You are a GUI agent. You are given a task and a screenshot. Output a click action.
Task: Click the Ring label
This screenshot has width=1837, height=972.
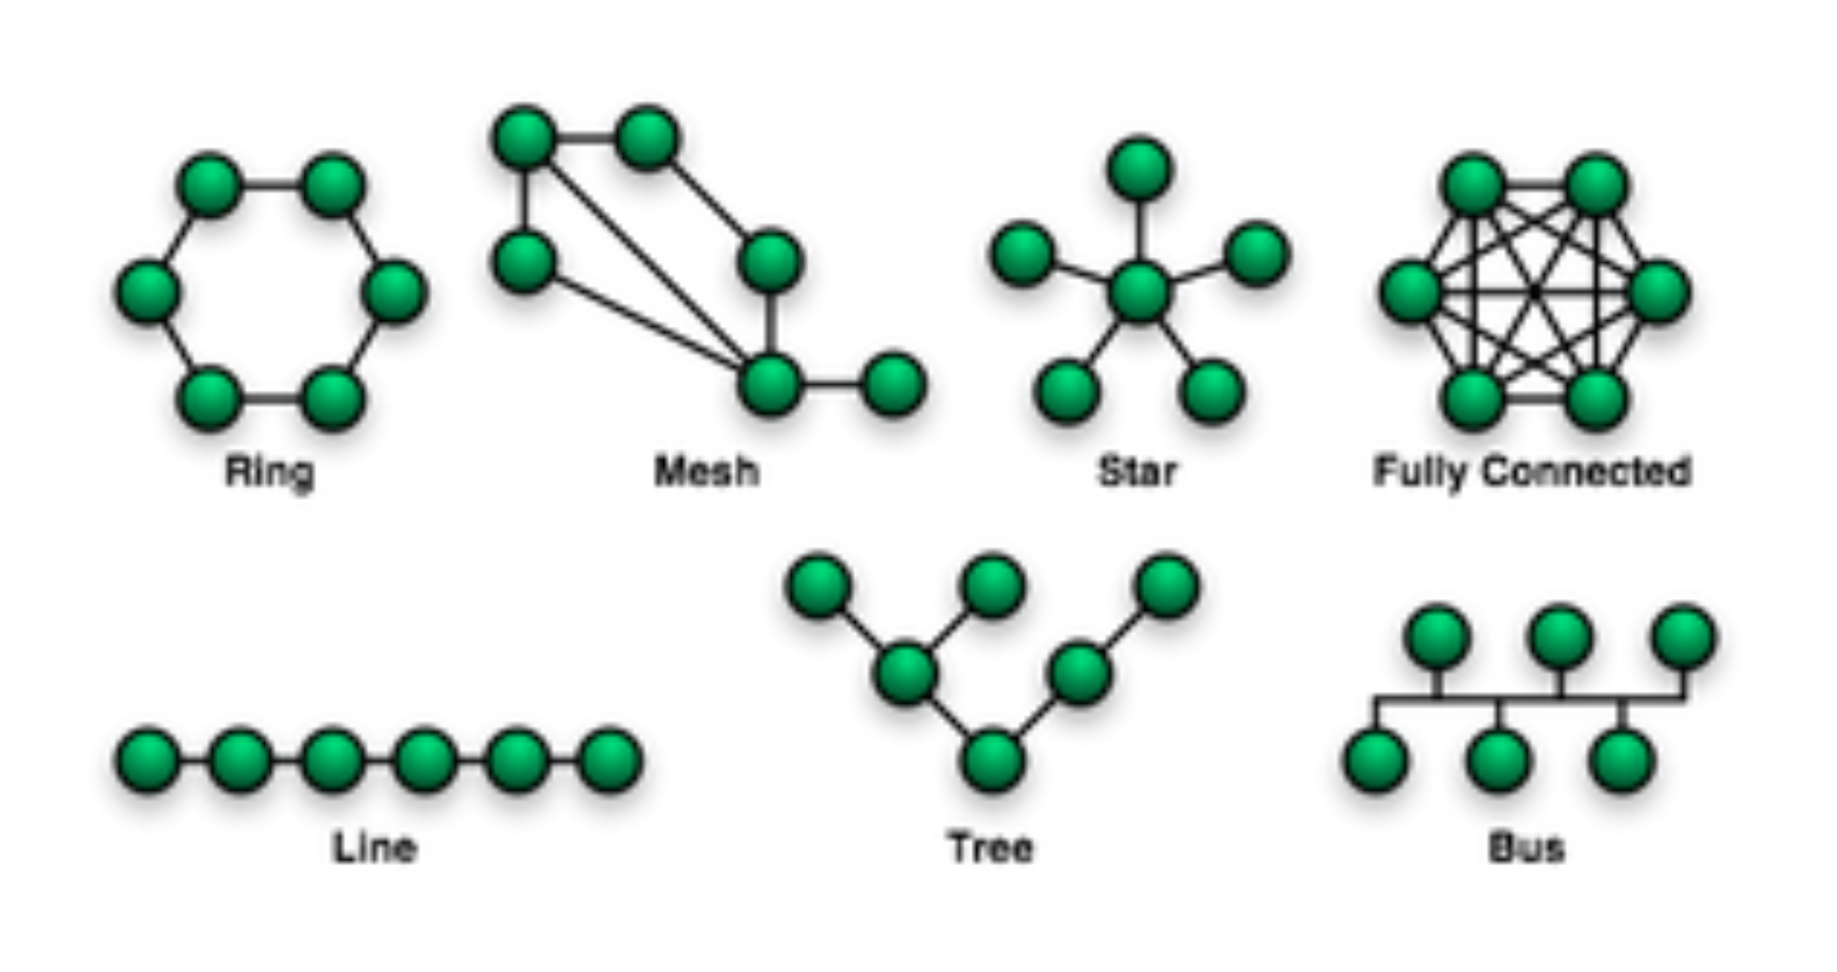[x=270, y=472]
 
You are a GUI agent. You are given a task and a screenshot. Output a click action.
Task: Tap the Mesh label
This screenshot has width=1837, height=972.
[x=707, y=472]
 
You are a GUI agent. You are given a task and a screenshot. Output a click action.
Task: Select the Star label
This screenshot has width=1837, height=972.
[x=1137, y=472]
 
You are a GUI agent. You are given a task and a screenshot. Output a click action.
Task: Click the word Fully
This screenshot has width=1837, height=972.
[x=1422, y=472]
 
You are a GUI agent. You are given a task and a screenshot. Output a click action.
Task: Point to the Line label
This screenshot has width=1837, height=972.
[x=375, y=847]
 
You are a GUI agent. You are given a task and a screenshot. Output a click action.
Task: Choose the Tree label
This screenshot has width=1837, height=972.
[x=991, y=847]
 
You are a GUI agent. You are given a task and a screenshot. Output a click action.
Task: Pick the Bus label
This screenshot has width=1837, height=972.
[x=1526, y=847]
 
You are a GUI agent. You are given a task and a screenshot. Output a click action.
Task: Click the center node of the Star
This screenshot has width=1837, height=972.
[x=1139, y=292]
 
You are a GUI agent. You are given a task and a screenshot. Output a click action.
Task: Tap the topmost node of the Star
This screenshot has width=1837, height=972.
[x=1139, y=169]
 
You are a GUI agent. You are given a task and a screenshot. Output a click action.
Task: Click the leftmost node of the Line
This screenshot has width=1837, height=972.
[x=148, y=760]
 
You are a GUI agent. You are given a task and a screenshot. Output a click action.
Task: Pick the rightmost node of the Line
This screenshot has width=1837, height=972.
[x=610, y=760]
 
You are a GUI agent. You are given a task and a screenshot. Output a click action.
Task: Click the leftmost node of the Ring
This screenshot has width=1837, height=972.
[x=148, y=292]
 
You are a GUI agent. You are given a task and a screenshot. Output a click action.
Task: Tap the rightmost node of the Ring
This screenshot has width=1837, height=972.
[x=394, y=292]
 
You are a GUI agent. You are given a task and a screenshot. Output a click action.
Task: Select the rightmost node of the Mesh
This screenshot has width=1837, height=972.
[x=893, y=384]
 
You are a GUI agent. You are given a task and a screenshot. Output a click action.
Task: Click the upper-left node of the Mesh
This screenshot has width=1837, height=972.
[x=524, y=137]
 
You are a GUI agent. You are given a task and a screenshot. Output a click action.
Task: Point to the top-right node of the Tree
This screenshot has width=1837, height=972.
[x=1167, y=586]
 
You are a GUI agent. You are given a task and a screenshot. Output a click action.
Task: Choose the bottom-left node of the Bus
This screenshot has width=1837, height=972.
[x=1376, y=761]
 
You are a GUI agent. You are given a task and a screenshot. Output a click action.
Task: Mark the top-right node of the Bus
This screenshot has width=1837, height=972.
[x=1684, y=637]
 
